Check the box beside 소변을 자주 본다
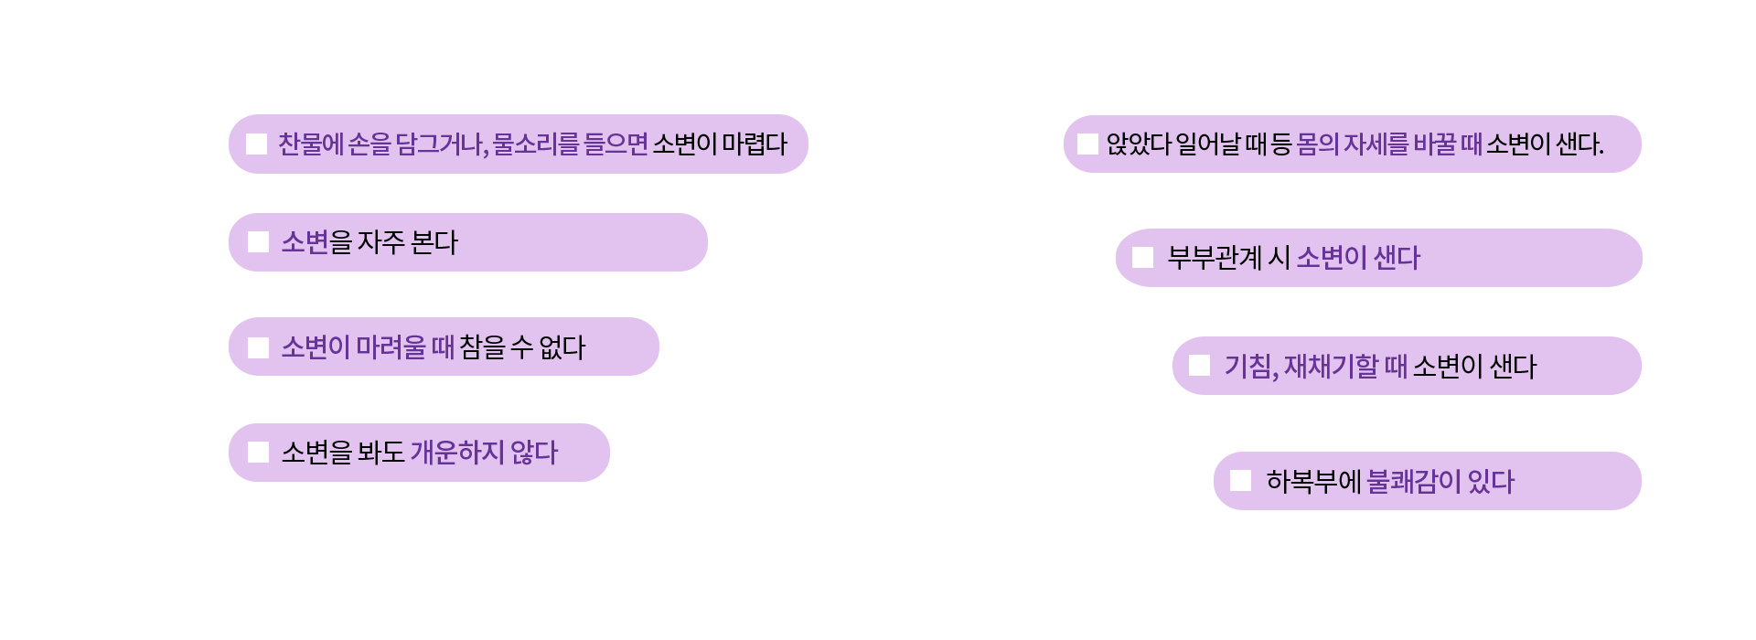coord(258,241)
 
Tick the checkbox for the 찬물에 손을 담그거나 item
coord(256,144)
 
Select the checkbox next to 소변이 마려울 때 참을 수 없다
coord(258,347)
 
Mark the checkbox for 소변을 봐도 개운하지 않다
coord(258,452)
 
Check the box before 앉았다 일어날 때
coord(1087,144)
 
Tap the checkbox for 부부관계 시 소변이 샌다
coord(1142,257)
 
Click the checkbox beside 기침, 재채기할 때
coord(1199,365)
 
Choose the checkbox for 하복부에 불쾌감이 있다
coord(1240,480)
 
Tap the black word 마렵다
coord(755,144)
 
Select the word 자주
coord(380,241)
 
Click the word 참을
coord(482,347)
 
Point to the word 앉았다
coord(1139,144)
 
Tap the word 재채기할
coord(1331,366)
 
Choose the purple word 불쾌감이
coord(1414,481)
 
